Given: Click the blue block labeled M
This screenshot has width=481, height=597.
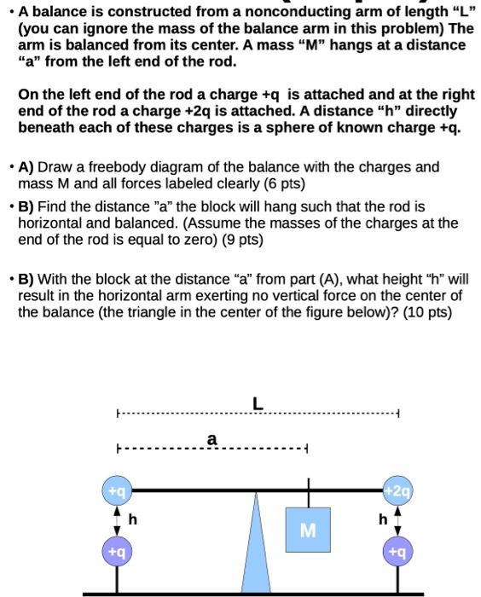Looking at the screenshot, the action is point(308,530).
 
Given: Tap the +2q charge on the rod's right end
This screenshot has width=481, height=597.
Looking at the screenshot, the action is point(396,491).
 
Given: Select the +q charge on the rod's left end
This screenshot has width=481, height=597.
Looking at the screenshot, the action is point(117,491).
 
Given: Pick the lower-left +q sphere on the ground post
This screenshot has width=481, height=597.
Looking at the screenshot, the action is point(117,552).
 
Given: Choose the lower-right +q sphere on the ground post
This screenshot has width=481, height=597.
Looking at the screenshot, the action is point(396,552).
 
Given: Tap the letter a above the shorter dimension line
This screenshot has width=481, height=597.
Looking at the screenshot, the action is point(212,439).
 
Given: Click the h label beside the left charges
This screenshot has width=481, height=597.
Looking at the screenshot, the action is point(132,519).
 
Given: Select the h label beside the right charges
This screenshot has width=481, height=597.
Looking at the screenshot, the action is point(383,519).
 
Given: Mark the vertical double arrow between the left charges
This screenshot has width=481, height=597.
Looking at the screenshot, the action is point(117,521).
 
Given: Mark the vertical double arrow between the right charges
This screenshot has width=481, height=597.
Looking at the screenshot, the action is point(396,521).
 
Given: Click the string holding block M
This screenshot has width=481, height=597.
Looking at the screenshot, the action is point(308,499).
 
